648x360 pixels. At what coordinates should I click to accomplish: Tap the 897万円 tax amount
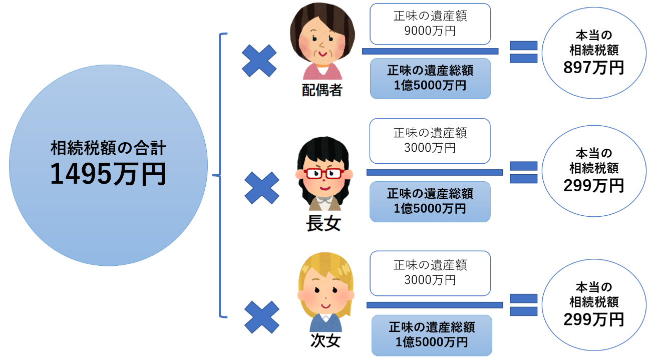(x=593, y=68)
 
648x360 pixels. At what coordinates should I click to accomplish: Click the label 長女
(x=323, y=223)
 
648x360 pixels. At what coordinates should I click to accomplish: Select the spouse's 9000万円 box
(x=430, y=24)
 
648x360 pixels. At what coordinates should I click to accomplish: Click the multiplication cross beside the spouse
(x=259, y=61)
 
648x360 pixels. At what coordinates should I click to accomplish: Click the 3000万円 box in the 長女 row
(x=430, y=141)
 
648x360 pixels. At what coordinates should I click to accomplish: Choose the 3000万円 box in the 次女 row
(x=430, y=272)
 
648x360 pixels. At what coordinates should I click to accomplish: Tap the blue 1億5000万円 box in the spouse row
(x=430, y=78)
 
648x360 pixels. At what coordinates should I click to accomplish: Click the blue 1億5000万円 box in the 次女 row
(x=432, y=335)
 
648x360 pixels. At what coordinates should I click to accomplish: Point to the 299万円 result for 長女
(x=593, y=186)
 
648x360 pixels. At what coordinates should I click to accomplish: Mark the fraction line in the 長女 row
(x=434, y=172)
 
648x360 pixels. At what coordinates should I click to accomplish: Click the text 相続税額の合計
(x=108, y=148)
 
